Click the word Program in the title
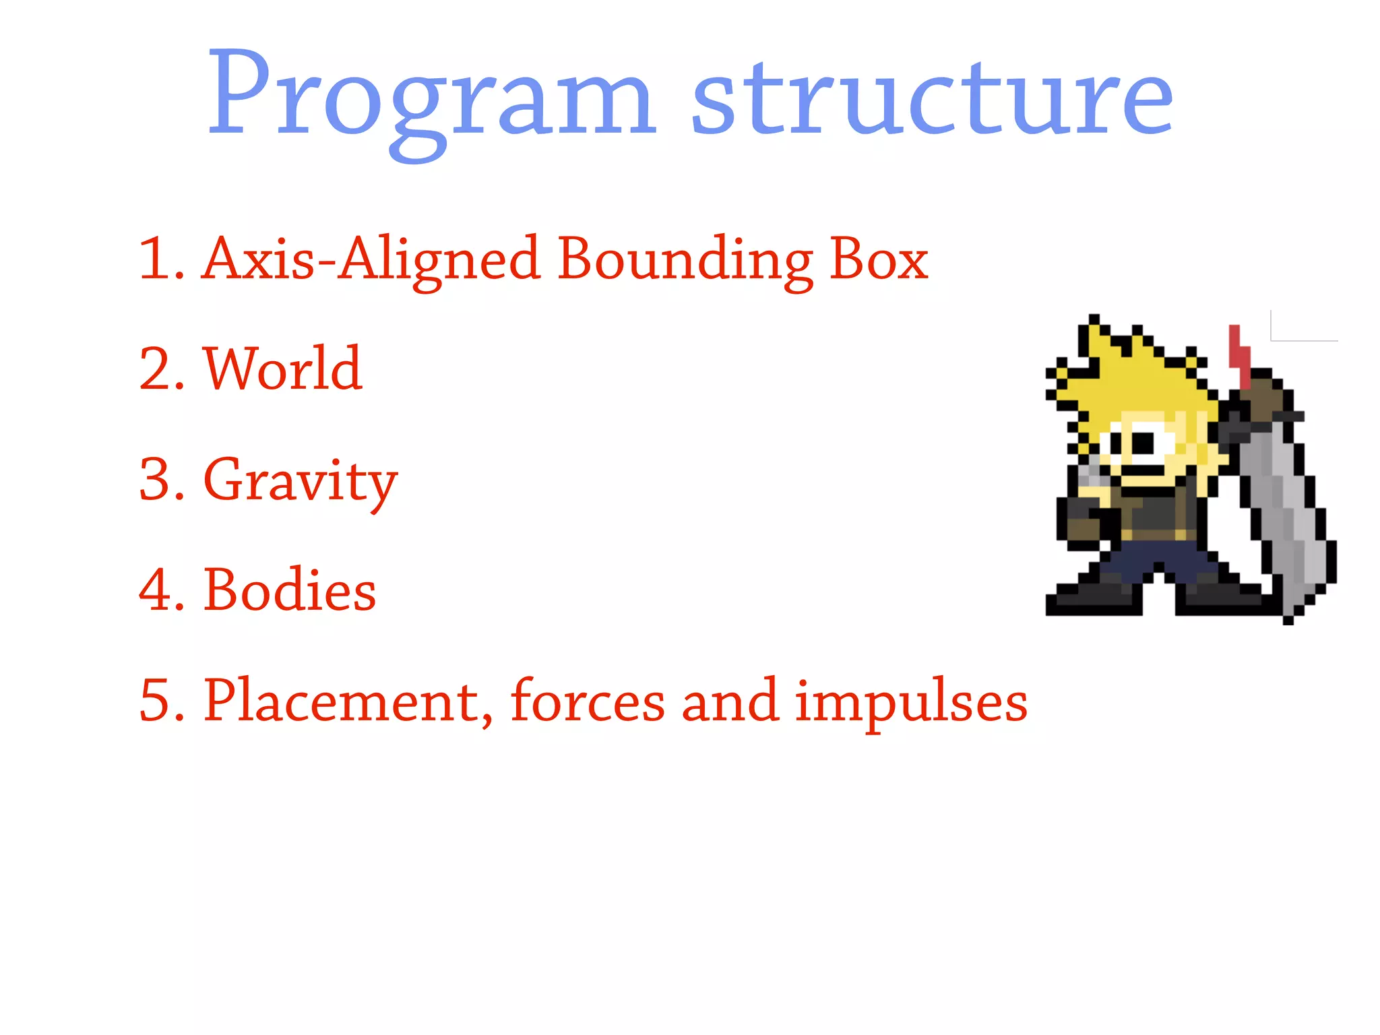pyautogui.click(x=431, y=98)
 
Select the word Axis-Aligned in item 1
pyautogui.click(x=371, y=259)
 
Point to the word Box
pyautogui.click(x=879, y=259)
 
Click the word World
pyautogui.click(x=283, y=369)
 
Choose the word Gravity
pyautogui.click(x=300, y=480)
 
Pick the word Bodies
pyautogui.click(x=290, y=590)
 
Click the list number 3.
pyautogui.click(x=160, y=480)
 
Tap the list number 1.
pyautogui.click(x=160, y=259)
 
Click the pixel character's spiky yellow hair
pyautogui.click(x=1139, y=377)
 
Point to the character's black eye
pyautogui.click(x=1143, y=443)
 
